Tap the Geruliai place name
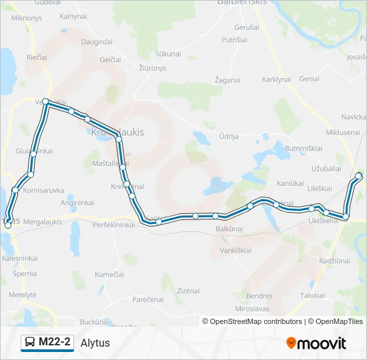coord(246,27)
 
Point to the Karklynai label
coord(277,79)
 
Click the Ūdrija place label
coord(229,136)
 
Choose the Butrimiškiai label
coord(304,148)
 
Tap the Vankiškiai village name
coord(236,250)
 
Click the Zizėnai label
coord(189,291)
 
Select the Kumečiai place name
coord(109,274)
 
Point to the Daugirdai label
coord(97,41)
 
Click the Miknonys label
coord(27,17)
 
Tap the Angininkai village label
coord(77,202)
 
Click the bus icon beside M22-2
coord(30,343)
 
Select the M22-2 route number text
coord(55,343)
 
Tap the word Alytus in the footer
coord(95,343)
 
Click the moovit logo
coord(316,343)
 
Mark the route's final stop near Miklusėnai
coord(359,176)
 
